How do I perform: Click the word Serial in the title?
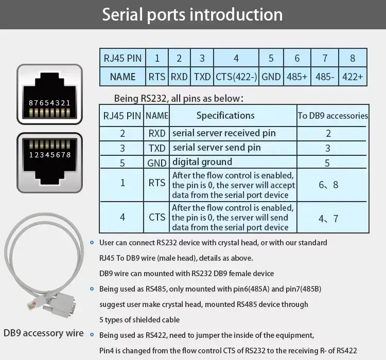point(123,14)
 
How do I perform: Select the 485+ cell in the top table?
point(297,77)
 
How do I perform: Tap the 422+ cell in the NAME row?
point(353,77)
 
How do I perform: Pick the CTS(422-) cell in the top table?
point(236,77)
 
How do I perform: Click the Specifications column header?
point(225,115)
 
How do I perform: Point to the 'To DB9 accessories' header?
point(333,116)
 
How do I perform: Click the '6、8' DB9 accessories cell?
point(328,185)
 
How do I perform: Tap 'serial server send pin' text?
point(217,148)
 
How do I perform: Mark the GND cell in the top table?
point(271,77)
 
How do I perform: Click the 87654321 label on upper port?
point(49,103)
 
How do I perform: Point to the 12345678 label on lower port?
point(50,155)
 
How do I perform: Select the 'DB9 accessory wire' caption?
point(44,333)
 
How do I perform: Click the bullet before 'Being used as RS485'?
point(92,289)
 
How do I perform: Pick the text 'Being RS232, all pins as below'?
point(179,98)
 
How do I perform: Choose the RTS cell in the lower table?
point(157,183)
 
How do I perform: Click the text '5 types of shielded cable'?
point(139,320)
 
